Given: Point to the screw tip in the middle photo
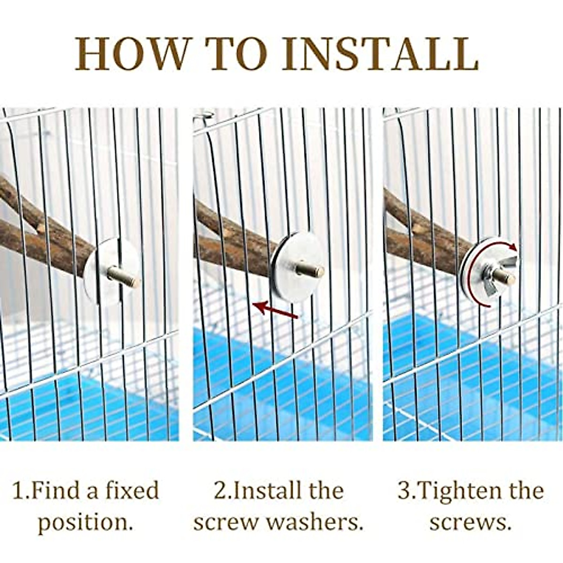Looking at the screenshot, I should click(312, 270).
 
